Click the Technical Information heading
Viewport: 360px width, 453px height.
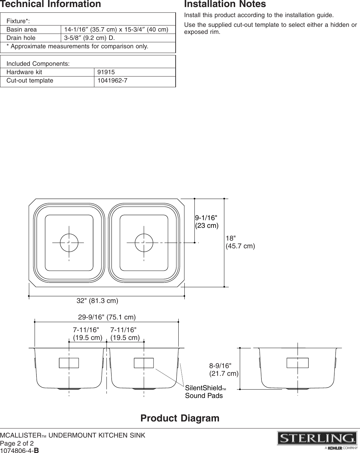point(50,4)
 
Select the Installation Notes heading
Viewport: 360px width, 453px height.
point(225,4)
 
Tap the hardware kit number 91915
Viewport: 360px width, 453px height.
point(106,72)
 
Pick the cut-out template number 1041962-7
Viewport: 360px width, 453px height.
point(112,81)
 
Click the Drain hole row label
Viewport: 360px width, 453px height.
point(21,38)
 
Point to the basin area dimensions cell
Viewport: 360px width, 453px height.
point(116,30)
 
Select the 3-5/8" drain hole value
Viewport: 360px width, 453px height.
point(89,38)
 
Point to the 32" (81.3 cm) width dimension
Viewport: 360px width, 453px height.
point(97,301)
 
